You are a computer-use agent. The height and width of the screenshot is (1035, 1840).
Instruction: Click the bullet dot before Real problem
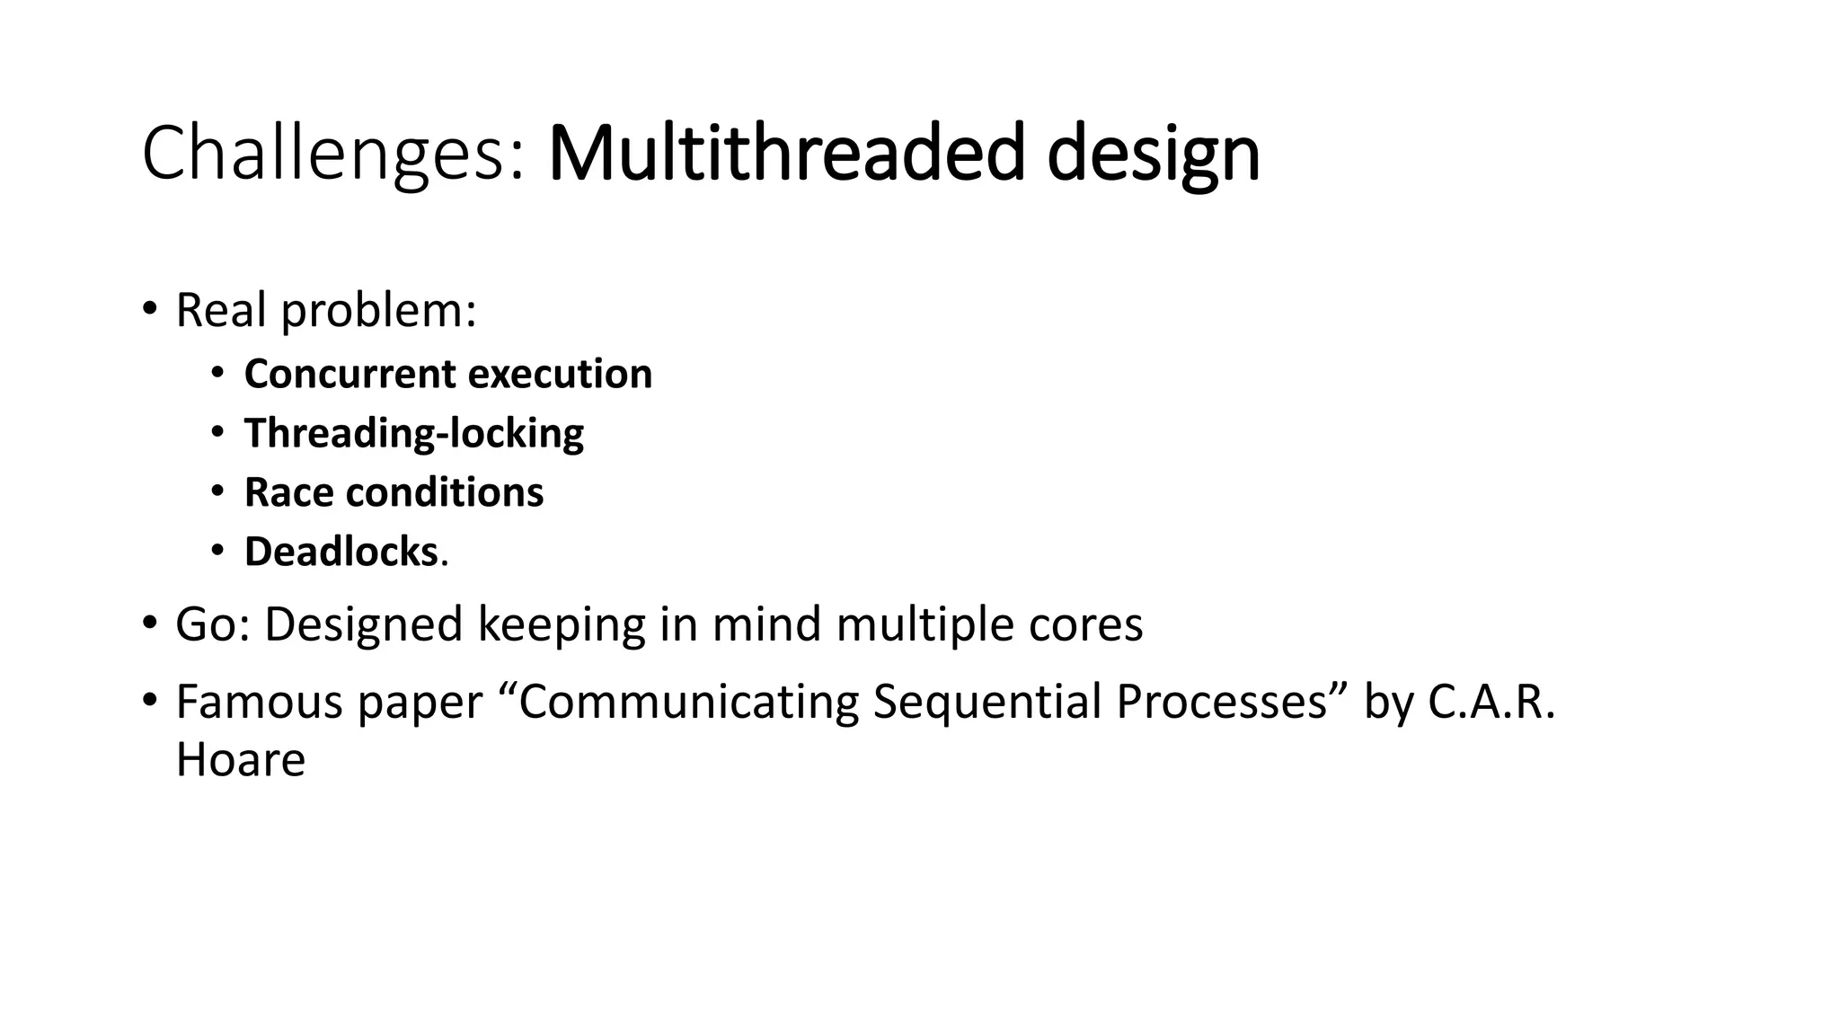pos(149,309)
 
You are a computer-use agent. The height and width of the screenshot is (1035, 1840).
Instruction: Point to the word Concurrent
pos(348,374)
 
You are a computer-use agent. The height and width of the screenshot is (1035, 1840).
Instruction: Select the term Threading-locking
pos(413,433)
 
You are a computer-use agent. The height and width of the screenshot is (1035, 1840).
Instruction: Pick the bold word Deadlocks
pos(341,552)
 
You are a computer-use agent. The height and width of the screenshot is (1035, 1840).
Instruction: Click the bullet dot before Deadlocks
pos(217,550)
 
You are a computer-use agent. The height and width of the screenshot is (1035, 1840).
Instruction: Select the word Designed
pos(363,624)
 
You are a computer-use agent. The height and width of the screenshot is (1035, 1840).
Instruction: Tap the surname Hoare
pos(240,760)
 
